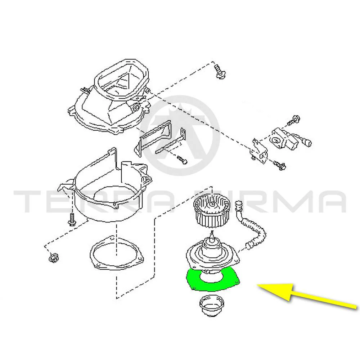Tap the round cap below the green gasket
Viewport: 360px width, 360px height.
click(x=211, y=306)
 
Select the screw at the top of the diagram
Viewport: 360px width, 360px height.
click(x=219, y=72)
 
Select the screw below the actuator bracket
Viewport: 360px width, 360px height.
click(x=279, y=165)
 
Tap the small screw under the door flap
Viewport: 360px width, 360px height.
click(x=182, y=159)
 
